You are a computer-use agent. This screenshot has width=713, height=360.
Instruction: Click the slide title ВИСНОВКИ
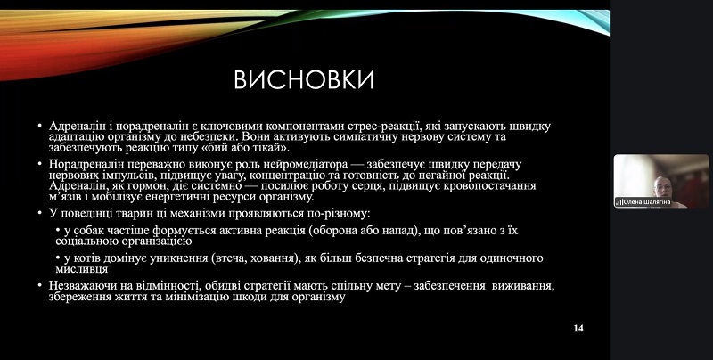point(304,80)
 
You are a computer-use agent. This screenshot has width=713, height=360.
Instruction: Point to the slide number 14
point(578,328)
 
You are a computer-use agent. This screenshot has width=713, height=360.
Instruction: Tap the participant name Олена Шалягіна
point(647,202)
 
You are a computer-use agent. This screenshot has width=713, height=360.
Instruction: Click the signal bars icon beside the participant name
point(619,202)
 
